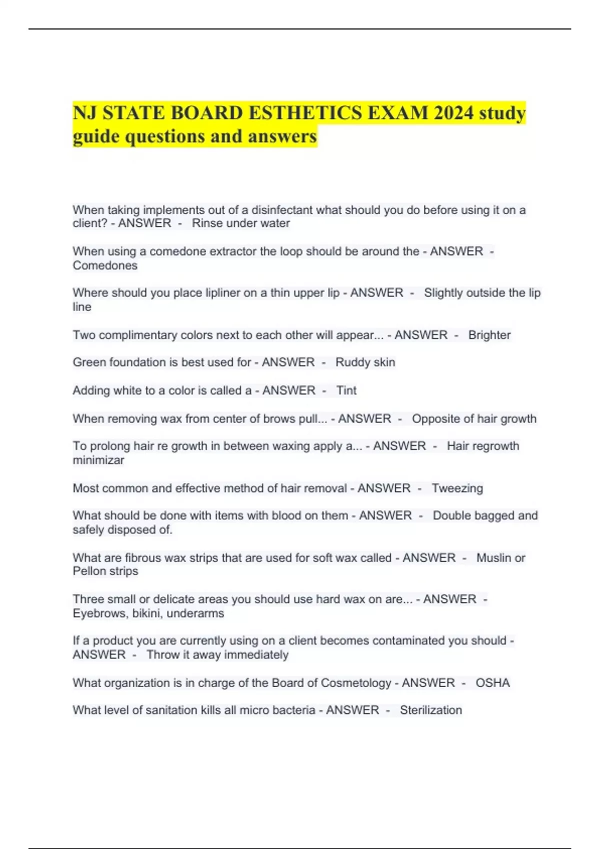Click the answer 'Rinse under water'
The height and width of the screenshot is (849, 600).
click(240, 223)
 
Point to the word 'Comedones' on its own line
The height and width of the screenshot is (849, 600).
click(105, 265)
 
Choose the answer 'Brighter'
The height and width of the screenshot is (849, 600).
click(489, 335)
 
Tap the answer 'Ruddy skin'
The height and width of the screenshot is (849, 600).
click(365, 362)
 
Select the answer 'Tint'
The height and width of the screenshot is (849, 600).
click(346, 390)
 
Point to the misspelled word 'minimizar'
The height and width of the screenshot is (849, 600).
click(98, 460)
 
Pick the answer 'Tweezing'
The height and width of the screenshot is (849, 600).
click(457, 488)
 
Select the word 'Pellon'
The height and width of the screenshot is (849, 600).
click(88, 571)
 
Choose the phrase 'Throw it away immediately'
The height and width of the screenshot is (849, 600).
click(217, 655)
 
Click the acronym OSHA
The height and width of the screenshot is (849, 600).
click(492, 683)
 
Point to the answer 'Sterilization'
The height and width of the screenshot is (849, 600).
click(430, 710)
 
